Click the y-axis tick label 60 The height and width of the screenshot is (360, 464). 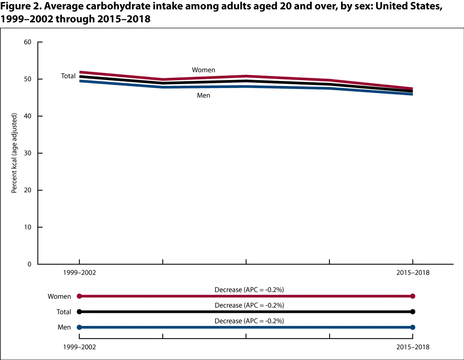coord(27,42)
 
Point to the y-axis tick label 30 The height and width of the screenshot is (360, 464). coord(27,153)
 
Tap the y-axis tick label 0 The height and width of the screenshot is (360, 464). coord(29,264)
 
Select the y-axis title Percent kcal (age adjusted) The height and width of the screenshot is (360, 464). coord(14,153)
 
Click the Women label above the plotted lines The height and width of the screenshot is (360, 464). coord(203,70)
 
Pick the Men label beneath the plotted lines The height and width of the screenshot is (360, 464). coord(203,95)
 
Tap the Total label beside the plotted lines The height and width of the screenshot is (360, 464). coord(68,76)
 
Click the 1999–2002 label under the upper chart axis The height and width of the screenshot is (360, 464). coord(79,273)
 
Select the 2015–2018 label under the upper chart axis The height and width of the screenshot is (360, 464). coord(413,273)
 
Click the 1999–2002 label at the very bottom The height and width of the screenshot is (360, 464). coord(79,347)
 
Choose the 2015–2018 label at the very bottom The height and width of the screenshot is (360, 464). coord(413,347)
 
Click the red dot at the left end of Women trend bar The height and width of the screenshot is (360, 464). coord(79,296)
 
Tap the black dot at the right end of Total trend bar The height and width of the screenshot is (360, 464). coord(413,312)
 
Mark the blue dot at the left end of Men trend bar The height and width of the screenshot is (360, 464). coord(79,327)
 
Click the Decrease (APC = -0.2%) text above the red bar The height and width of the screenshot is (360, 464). coord(249,290)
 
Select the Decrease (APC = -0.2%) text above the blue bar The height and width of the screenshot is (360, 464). coord(249,321)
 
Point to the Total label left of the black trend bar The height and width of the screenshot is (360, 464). coord(64,312)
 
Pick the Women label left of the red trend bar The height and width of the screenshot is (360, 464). coord(59,296)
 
